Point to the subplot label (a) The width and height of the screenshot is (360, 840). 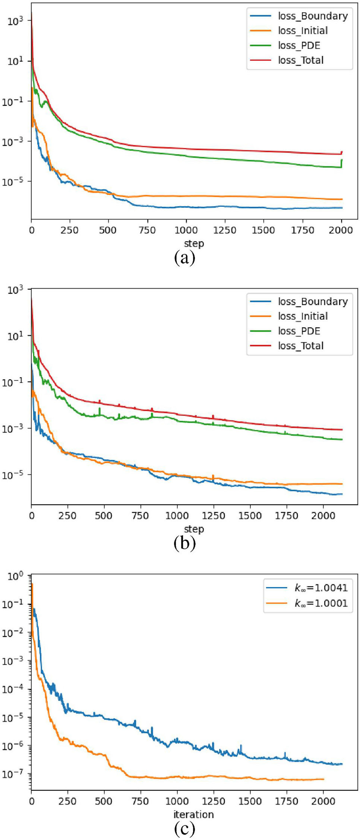(184, 258)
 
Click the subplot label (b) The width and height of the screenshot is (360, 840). (184, 543)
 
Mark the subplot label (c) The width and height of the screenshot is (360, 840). (184, 828)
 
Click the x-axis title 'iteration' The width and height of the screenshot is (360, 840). (193, 815)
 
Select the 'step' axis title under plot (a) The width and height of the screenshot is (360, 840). (194, 244)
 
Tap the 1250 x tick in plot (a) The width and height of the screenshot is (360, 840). (225, 230)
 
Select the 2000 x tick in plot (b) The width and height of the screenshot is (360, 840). (323, 516)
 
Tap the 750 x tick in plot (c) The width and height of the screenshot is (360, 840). (140, 801)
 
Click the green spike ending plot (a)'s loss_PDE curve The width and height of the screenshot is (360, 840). (341, 162)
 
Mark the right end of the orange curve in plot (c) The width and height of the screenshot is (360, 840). (323, 779)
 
